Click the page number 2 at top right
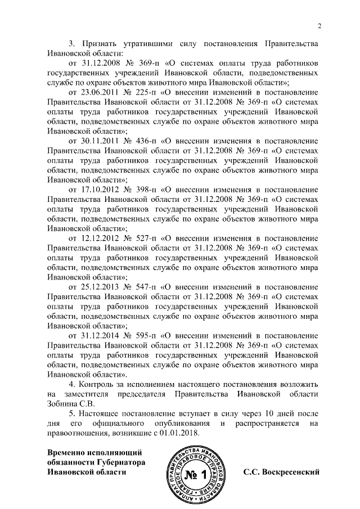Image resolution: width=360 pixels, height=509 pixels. (319, 25)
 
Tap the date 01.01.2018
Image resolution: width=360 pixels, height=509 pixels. (180, 433)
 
